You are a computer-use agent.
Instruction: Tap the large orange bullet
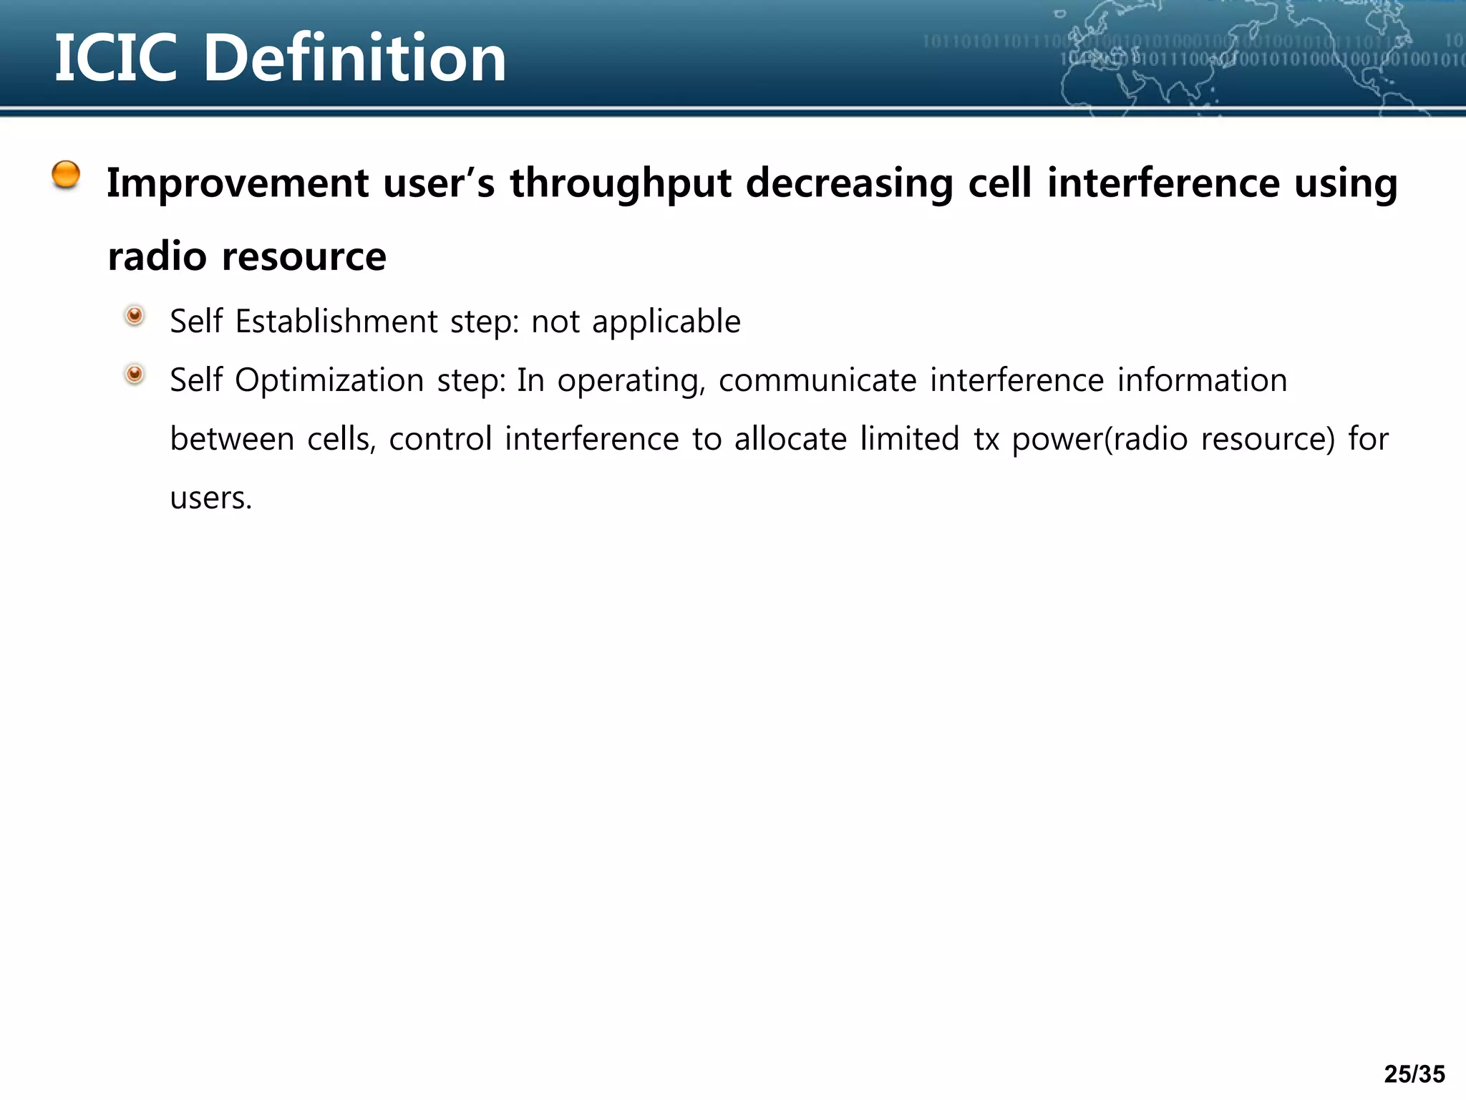coord(66,175)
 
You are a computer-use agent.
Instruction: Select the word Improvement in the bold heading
coord(238,183)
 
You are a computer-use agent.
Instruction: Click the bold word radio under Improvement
coord(157,256)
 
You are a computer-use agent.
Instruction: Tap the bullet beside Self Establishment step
coord(134,315)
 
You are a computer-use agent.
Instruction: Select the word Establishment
coord(336,321)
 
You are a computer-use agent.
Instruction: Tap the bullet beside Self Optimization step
coord(134,374)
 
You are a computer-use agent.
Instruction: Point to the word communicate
coord(817,380)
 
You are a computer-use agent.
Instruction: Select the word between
coord(232,439)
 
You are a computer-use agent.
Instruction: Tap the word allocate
coord(790,439)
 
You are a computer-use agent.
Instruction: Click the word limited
coord(909,439)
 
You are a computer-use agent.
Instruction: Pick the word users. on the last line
coord(211,498)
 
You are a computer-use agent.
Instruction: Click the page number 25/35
coord(1414,1074)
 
